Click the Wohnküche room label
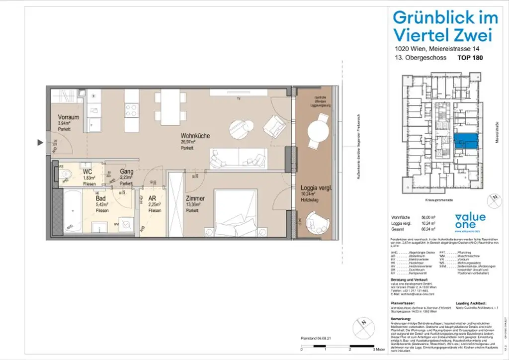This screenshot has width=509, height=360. tap(195, 136)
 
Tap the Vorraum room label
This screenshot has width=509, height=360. tap(68, 117)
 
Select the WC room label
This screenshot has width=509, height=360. tap(87, 172)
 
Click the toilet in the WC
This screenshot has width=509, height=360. tap(68, 174)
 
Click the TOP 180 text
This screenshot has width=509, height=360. tap(470, 58)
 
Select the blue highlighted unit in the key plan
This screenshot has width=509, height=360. tap(466, 141)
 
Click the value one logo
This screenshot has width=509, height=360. tap(470, 221)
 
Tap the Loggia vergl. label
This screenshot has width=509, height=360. tap(316, 188)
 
